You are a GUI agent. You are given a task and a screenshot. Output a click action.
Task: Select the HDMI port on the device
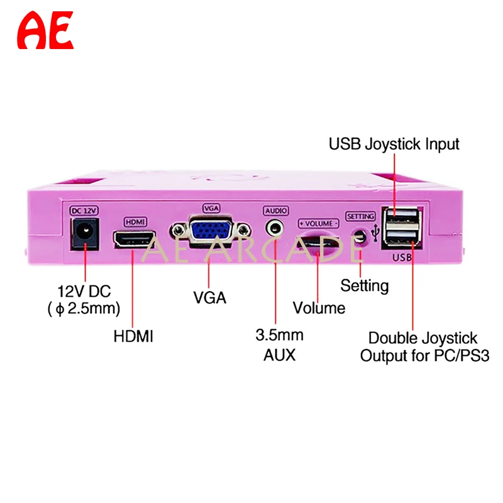(133, 240)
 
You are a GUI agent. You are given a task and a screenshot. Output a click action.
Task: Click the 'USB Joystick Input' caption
(394, 144)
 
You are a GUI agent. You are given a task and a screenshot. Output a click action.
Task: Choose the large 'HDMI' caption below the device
(133, 336)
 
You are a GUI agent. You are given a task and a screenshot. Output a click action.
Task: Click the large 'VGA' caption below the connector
(209, 297)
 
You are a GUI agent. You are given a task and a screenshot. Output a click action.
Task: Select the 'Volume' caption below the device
(319, 308)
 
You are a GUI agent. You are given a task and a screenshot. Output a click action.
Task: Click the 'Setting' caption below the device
(365, 286)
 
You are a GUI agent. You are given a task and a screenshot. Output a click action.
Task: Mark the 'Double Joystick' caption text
(423, 339)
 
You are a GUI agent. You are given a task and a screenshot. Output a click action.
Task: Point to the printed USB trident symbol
(376, 233)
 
